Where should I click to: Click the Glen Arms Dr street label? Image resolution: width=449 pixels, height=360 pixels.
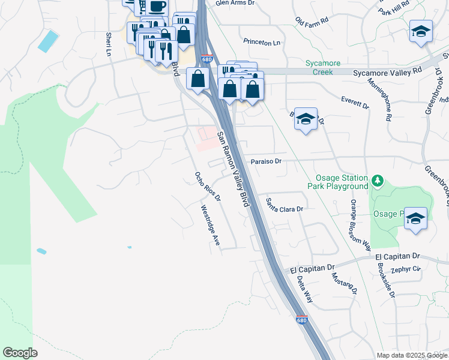point(235,3)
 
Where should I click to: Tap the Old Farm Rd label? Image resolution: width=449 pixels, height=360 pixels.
point(312,20)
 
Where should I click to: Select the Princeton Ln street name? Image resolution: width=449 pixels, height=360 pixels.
point(262,42)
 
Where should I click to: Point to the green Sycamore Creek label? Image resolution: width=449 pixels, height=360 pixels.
point(318,67)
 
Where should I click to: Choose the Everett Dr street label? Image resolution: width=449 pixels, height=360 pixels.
point(354,102)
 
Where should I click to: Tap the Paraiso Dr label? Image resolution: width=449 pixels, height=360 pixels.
point(266,161)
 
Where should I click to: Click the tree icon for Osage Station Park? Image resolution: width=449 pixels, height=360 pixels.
point(378,180)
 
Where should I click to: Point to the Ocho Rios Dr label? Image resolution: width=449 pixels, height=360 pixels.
point(208,187)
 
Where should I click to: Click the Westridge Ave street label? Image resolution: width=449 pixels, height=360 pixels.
point(210,226)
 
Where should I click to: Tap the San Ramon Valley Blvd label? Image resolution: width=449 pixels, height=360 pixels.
point(234,169)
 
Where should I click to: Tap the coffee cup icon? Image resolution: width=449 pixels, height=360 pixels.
point(157,7)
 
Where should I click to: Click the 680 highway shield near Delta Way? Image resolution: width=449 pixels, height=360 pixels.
point(301,320)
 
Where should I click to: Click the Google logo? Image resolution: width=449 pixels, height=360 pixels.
point(20,353)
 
